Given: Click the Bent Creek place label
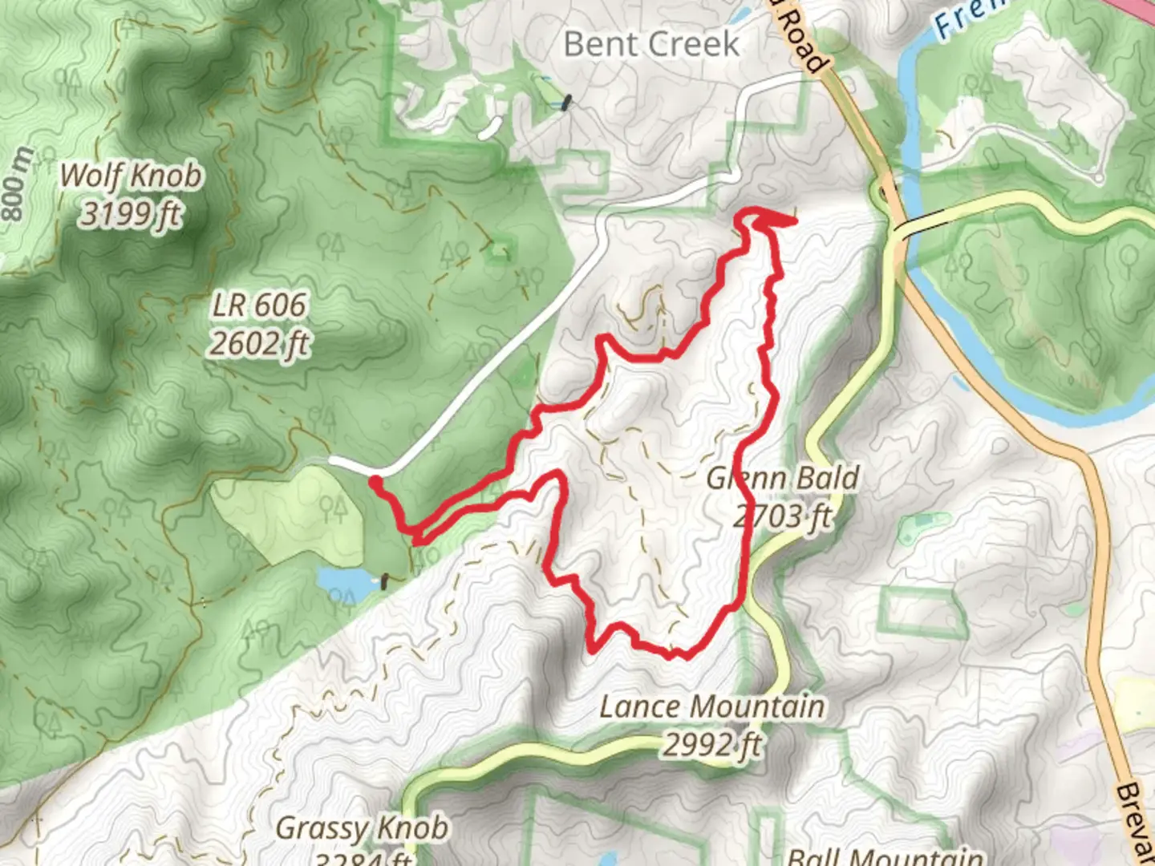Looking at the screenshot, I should (x=650, y=44).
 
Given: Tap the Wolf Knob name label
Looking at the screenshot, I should (x=131, y=175).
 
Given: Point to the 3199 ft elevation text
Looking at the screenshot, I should (x=131, y=214).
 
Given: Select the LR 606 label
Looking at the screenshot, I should (x=258, y=306).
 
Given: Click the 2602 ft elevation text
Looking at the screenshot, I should (x=258, y=344).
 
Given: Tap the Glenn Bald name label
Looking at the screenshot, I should (x=782, y=479).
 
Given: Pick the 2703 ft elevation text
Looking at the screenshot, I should (x=782, y=517).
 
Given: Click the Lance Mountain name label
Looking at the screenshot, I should (x=711, y=707).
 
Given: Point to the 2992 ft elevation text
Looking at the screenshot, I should (x=711, y=745).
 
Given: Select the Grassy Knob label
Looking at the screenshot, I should (x=361, y=828).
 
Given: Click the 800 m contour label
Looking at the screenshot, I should (x=18, y=184).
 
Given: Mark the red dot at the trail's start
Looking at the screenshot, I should (x=375, y=481).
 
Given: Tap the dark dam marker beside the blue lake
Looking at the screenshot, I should (x=385, y=581).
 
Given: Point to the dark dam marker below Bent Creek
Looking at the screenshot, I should (x=567, y=102).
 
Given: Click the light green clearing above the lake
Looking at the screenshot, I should (x=289, y=513).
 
